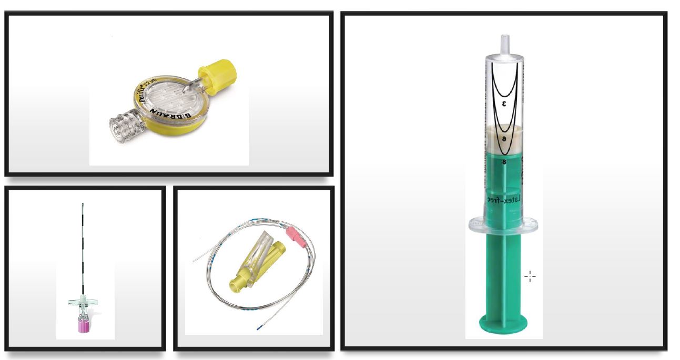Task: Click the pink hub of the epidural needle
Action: (x=83, y=326)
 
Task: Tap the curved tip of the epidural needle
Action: (x=83, y=205)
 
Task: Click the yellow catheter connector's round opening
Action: (x=234, y=286)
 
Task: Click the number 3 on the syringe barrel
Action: (x=504, y=104)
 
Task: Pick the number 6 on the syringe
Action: (x=504, y=138)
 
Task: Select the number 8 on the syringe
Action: (x=504, y=162)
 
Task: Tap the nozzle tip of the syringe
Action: (x=505, y=39)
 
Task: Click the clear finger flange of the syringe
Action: (x=504, y=225)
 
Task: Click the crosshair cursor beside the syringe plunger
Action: (x=530, y=276)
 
